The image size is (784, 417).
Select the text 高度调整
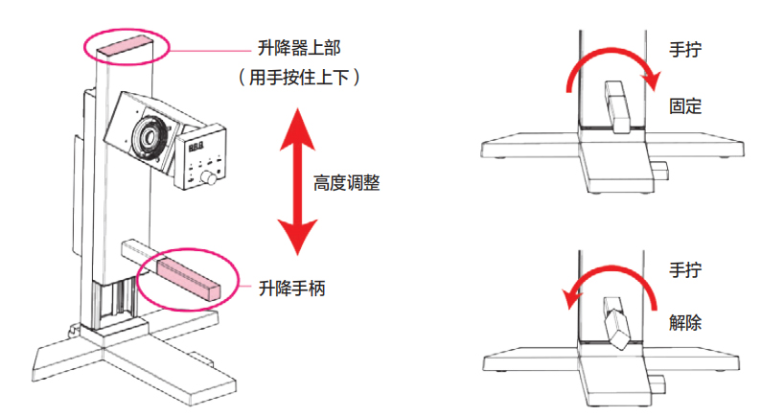point(347,181)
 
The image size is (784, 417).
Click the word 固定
point(686,106)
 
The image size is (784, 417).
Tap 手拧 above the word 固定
point(686,48)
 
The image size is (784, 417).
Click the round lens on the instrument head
point(150,132)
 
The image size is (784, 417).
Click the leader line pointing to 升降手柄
point(246,287)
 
